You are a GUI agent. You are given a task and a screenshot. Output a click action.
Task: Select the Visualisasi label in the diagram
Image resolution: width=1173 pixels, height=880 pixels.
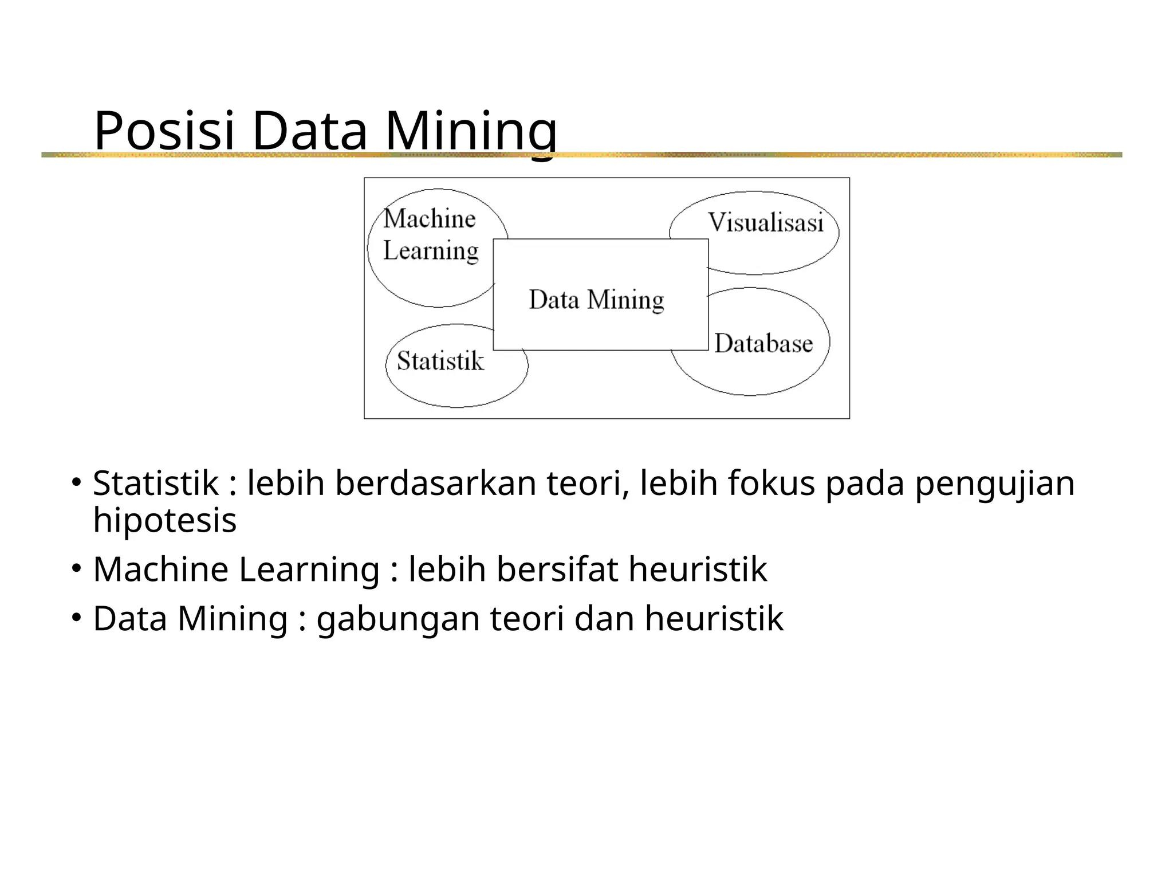coord(766,223)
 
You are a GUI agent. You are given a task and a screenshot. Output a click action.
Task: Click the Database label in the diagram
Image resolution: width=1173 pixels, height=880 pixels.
coord(763,343)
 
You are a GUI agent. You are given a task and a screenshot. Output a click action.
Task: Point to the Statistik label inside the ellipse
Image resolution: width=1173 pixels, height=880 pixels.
coord(440,361)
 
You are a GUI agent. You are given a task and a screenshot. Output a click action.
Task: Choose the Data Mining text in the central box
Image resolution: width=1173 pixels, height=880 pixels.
coord(596,300)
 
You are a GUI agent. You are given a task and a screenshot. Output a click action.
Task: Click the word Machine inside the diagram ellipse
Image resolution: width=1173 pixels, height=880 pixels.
coord(430,219)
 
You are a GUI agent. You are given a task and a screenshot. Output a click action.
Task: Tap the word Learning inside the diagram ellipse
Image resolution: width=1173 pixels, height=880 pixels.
coord(431,251)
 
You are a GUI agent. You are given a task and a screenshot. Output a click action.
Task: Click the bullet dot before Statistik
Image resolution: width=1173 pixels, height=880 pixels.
coord(75,482)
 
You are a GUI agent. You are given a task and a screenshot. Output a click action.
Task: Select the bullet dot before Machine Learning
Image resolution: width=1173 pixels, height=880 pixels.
coord(75,568)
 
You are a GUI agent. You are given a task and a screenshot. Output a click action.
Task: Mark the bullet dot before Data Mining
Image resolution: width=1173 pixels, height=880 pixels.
coord(75,618)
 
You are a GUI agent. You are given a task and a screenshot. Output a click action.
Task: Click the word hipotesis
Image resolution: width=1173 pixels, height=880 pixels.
coord(165,520)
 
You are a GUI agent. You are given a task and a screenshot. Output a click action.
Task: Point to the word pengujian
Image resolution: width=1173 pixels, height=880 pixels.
coord(994,484)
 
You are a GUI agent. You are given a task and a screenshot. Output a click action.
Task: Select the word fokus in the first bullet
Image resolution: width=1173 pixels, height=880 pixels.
coord(771,483)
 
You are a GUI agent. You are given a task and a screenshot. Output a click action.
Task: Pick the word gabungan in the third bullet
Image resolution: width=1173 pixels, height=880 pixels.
coord(398,620)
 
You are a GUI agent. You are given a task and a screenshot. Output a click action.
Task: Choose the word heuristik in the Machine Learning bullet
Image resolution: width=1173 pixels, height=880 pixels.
coord(698,569)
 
